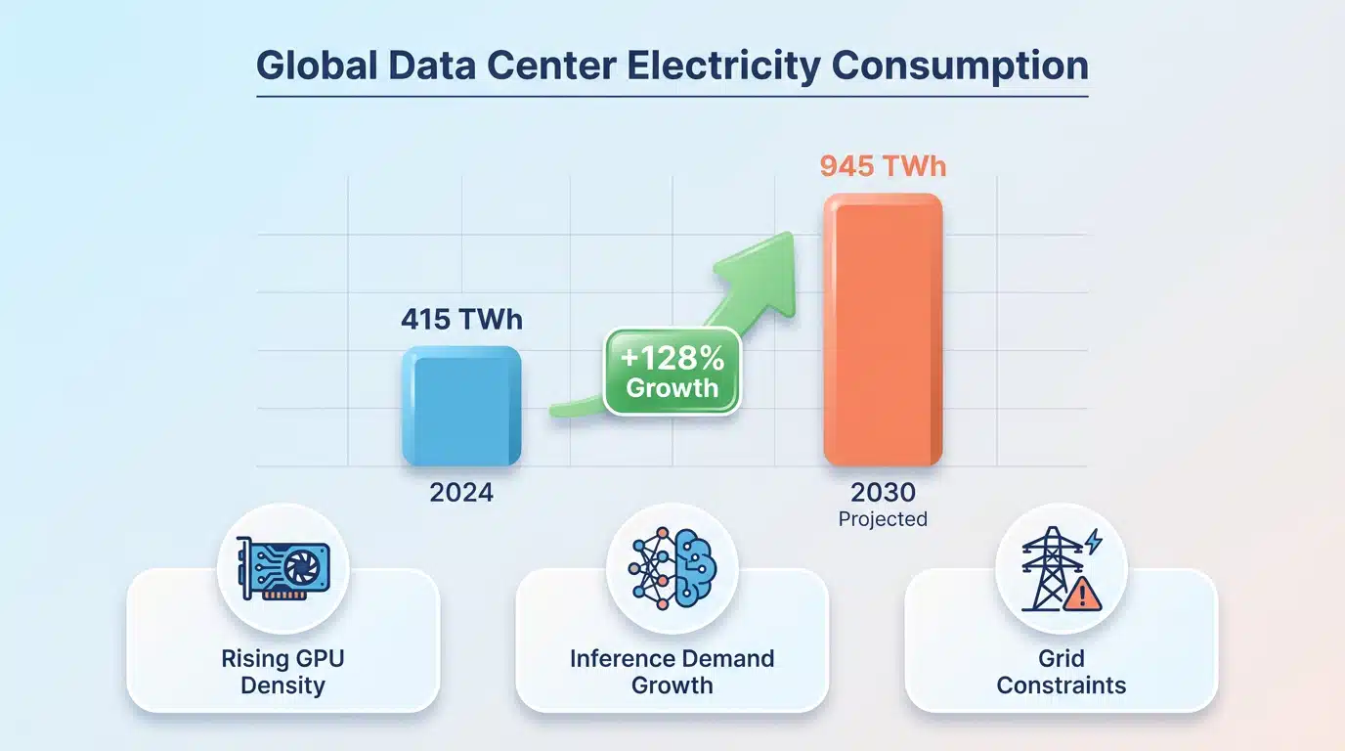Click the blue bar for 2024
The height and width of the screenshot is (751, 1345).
[461, 406]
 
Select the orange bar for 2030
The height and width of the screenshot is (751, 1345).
[883, 330]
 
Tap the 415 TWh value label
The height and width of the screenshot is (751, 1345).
[461, 319]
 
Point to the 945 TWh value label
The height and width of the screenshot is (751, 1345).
[883, 166]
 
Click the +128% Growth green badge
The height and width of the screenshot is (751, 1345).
[672, 372]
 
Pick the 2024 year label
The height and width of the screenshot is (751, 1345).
[461, 493]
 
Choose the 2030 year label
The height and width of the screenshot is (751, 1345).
[883, 493]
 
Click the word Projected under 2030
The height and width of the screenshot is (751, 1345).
[883, 519]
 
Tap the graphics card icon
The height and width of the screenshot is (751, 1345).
[282, 568]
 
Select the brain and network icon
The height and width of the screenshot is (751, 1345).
[672, 568]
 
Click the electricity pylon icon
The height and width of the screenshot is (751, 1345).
[1052, 568]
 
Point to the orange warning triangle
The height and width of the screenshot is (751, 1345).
[1082, 594]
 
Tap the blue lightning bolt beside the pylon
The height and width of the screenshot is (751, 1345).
[1094, 541]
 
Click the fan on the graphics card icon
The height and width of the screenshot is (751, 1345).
[303, 568]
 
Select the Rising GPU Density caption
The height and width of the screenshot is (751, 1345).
[282, 672]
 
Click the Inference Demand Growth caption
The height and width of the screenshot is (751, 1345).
[672, 672]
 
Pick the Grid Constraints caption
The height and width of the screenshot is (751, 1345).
[1061, 672]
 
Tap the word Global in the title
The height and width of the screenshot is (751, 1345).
[317, 65]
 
